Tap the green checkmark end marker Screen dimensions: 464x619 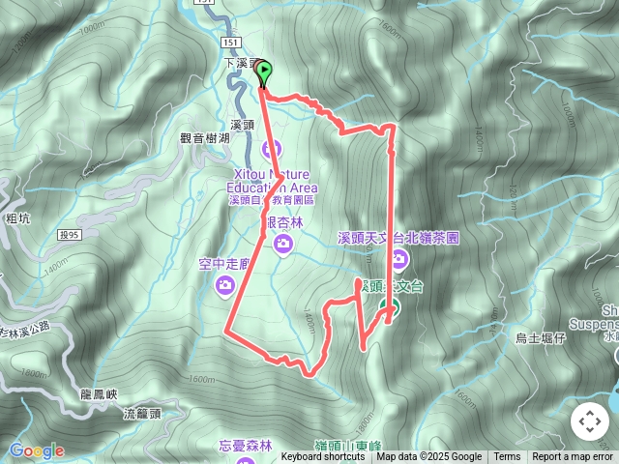click(390, 308)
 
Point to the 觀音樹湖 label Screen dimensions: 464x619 click(205, 139)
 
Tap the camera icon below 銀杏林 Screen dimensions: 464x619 click(282, 246)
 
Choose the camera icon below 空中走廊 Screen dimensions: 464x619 click(225, 284)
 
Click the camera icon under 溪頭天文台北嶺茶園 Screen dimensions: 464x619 click(399, 258)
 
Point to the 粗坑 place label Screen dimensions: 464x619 click(17, 219)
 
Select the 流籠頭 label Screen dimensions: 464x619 click(142, 414)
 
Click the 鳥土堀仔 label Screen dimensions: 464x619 click(540, 337)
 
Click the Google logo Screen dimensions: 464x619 click(36, 450)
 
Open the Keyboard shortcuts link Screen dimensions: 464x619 click(322, 457)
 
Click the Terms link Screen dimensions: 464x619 click(507, 457)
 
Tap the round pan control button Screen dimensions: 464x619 click(589, 421)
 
